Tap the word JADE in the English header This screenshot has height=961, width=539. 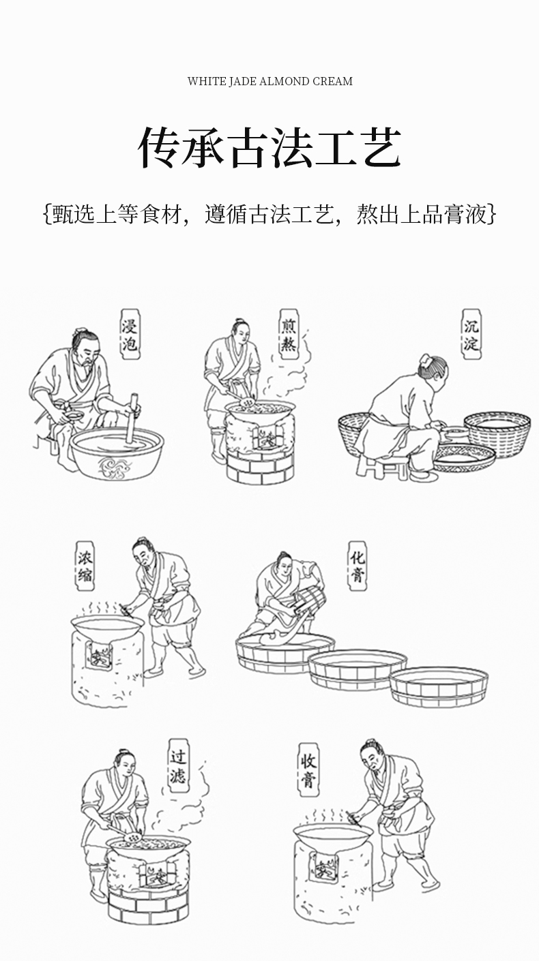pyautogui.click(x=241, y=81)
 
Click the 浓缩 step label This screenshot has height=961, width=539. pyautogui.click(x=85, y=566)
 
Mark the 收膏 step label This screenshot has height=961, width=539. pyautogui.click(x=308, y=772)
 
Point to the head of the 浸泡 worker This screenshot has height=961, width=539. pyautogui.click(x=87, y=346)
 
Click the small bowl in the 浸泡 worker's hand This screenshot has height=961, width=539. pyautogui.click(x=74, y=416)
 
